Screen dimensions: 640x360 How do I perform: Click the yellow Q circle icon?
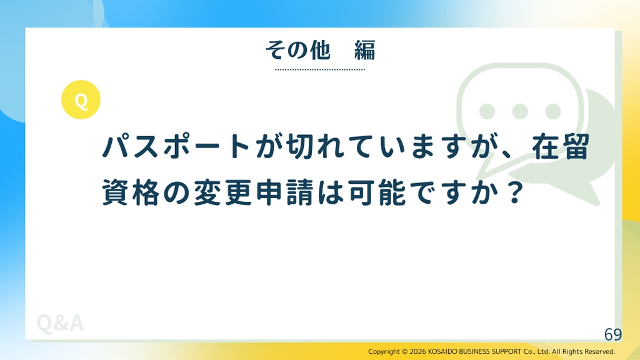coord(81,99)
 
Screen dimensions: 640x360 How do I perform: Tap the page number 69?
coord(613,334)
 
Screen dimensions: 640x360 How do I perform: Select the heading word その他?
coord(297,50)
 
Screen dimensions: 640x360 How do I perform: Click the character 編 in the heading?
coord(364,50)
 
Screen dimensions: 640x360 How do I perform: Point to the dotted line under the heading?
coord(320,69)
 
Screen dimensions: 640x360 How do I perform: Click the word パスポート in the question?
coord(176,146)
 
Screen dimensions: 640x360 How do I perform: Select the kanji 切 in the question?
coord(299,146)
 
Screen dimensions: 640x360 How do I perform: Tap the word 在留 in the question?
coord(561,146)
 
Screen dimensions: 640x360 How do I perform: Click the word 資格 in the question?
coord(130,192)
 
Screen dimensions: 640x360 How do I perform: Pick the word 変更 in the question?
coord(222,192)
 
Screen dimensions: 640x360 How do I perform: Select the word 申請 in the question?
coord(284,192)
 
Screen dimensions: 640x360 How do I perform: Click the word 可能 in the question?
coord(376,192)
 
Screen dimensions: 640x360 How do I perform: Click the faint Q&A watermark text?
coord(60,323)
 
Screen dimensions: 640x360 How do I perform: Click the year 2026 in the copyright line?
coord(418,351)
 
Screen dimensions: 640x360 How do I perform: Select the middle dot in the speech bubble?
coord(520,111)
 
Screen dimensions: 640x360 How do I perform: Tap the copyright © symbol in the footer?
coord(405,351)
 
